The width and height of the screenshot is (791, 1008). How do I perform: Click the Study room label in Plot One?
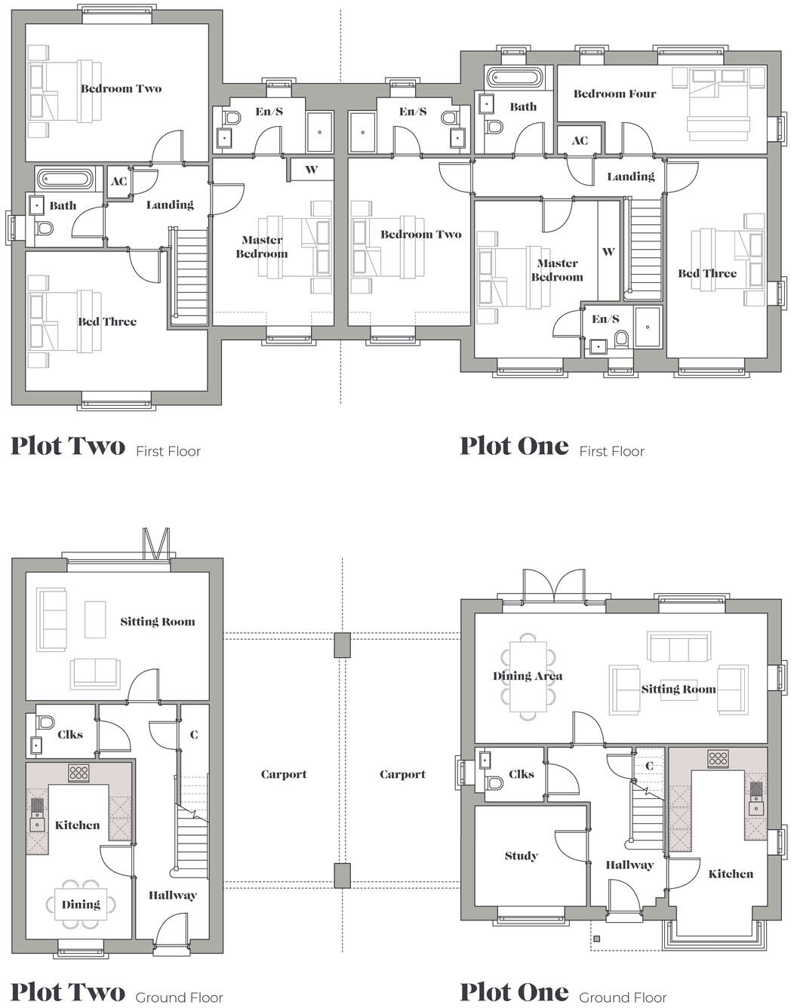click(521, 856)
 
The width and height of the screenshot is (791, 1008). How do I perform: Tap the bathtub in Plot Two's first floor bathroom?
click(66, 180)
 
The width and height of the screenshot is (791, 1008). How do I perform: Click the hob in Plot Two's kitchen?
click(78, 773)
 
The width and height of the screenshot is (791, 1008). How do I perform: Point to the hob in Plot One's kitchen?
click(717, 758)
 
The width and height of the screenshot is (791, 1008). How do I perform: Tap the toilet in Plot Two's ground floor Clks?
click(45, 721)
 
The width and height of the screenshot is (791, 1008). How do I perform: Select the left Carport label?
click(284, 774)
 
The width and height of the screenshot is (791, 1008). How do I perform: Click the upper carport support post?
click(342, 645)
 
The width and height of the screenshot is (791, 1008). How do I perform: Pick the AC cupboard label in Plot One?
click(580, 140)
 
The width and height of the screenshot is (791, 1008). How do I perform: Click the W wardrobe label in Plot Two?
click(311, 170)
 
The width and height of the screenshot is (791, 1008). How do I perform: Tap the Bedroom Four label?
click(614, 94)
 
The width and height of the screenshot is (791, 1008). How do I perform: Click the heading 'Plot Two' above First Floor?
click(68, 446)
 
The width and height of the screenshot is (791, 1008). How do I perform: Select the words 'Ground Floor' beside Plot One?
click(623, 997)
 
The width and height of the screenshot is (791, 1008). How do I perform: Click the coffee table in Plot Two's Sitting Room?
click(95, 619)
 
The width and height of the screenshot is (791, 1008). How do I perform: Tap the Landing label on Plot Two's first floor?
click(170, 204)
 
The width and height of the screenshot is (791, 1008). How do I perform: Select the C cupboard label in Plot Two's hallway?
click(194, 734)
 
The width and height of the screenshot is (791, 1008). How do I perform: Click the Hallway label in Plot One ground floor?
click(629, 865)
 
